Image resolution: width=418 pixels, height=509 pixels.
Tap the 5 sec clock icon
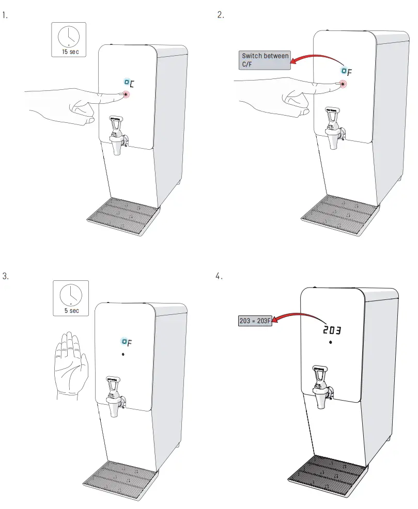click(71, 298)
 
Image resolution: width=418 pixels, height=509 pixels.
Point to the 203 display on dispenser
click(331, 329)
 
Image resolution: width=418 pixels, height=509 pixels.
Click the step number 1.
click(5, 15)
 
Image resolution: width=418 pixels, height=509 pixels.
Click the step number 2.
click(221, 15)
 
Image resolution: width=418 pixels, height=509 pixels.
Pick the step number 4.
click(219, 276)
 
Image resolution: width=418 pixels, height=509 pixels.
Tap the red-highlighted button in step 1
click(126, 94)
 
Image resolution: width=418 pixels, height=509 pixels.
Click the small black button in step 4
click(330, 343)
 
